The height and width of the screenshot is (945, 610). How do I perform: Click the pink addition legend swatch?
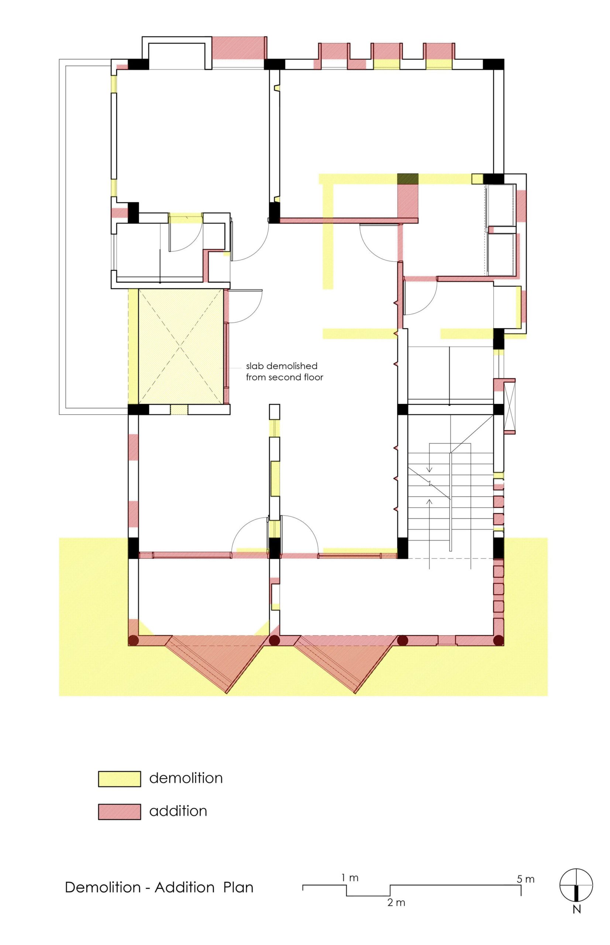[x=119, y=811]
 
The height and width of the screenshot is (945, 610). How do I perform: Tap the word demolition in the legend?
[x=186, y=777]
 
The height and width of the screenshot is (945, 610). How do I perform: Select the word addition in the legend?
[x=178, y=811]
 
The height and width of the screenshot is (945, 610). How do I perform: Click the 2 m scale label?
[x=396, y=891]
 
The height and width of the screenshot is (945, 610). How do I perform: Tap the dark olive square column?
[x=408, y=179]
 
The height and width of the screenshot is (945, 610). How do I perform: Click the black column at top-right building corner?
[x=493, y=64]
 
